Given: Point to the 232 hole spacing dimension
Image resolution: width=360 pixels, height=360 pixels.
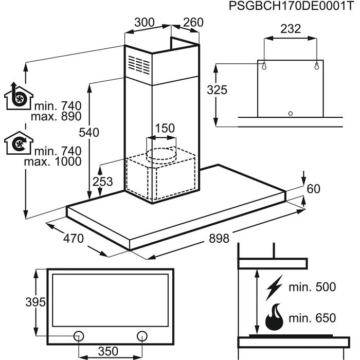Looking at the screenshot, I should [291, 29].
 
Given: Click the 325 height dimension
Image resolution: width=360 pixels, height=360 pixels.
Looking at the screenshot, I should [217, 90].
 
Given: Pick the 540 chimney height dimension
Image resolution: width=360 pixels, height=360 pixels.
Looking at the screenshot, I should [88, 132].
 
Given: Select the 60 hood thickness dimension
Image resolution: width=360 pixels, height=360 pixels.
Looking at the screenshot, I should [313, 189].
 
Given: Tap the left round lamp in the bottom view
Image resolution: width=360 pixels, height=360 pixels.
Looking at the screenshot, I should [79, 335].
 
